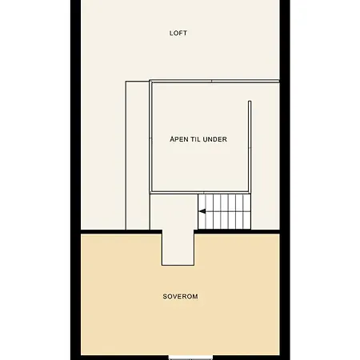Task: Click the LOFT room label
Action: [178, 33]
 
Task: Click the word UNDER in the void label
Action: [215, 139]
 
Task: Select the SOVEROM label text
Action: [180, 297]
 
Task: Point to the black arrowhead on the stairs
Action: [202, 211]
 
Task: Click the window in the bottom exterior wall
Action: [191, 358]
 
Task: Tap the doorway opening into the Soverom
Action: [178, 247]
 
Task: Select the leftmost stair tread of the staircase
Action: [202, 211]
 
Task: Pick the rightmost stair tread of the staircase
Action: [247, 211]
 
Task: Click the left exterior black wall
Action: [76, 180]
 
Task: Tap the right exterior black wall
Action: [285, 180]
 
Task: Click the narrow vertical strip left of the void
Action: [138, 155]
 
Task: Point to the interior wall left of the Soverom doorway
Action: [122, 232]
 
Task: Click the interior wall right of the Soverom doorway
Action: [237, 232]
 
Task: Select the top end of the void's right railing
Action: [250, 102]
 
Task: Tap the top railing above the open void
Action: [214, 81]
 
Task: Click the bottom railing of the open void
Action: [201, 192]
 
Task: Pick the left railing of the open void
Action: [151, 137]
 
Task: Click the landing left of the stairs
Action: [174, 211]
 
